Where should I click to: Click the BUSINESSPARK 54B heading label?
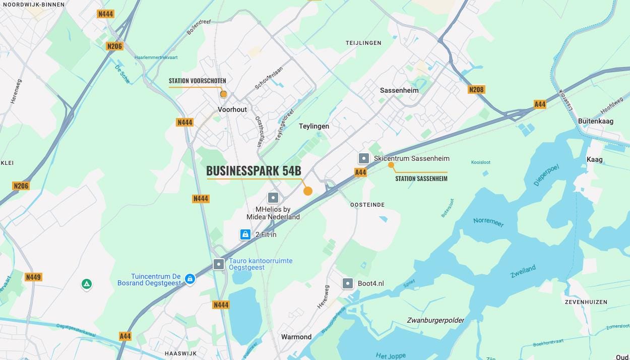[254, 170]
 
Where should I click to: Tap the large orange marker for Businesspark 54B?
[307, 191]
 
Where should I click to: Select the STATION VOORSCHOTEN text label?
[197, 81]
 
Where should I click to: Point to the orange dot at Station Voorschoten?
[224, 94]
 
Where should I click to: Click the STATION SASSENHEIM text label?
[421, 178]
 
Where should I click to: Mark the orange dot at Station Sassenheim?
[391, 165]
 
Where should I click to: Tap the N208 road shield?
[476, 90]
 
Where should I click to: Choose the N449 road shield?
[33, 277]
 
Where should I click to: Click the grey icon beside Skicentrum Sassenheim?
[363, 158]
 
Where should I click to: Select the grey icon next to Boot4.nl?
[348, 283]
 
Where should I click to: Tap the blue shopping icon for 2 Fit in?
[245, 234]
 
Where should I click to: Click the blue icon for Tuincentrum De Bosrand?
[190, 279]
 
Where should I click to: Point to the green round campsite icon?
[87, 284]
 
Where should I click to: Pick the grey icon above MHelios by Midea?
[273, 198]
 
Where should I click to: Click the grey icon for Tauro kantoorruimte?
[219, 264]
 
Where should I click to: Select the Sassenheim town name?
[399, 90]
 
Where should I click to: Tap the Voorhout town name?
[232, 109]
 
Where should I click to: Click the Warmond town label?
[296, 337]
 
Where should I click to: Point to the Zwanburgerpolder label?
[435, 320]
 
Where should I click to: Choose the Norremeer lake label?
[488, 222]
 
